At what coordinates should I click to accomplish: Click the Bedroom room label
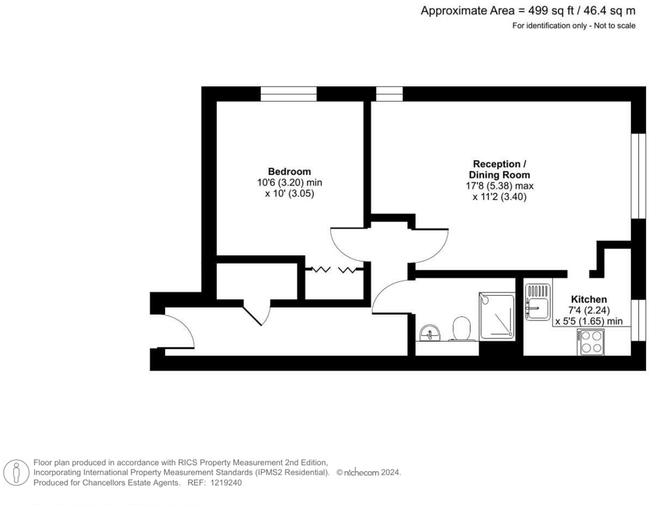pos(289,172)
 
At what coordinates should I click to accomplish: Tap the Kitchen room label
pos(589,300)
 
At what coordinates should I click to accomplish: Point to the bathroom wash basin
pos(429,332)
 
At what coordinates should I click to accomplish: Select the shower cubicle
pos(496,317)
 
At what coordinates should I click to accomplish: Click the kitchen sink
pos(538,302)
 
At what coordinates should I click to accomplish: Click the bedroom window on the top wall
pos(289,94)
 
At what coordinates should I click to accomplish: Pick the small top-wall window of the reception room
pos(389,94)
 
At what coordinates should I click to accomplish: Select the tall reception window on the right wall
pos(638,176)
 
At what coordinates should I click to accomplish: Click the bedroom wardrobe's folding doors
pos(334,270)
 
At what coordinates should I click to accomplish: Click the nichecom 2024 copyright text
pos(368,472)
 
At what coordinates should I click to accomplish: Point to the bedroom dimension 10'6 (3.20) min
pos(289,183)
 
